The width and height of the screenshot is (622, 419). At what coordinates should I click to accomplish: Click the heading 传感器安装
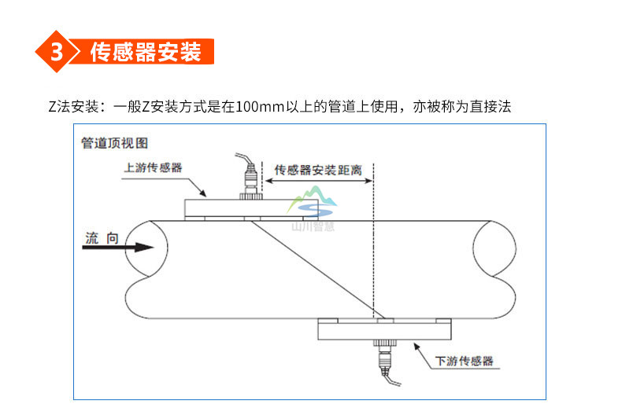(x=146, y=52)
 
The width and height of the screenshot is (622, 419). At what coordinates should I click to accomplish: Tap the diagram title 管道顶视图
(x=114, y=143)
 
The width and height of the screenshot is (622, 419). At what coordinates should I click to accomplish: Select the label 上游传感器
(x=154, y=167)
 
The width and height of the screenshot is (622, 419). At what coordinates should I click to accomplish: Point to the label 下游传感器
(x=465, y=361)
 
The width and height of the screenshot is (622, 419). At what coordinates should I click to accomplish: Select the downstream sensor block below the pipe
(x=384, y=329)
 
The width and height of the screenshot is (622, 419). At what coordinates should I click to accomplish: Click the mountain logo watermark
(x=313, y=203)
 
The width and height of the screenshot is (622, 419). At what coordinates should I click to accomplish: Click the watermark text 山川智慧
(x=313, y=225)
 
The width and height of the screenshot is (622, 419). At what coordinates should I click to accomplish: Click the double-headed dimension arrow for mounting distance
(x=318, y=181)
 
